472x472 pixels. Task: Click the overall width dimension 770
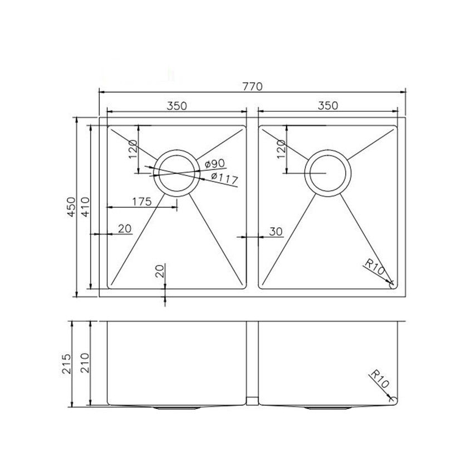tap(253, 86)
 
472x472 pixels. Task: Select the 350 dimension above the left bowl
tap(175, 105)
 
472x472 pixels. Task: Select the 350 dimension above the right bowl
tap(327, 105)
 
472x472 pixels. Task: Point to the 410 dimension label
tap(85, 207)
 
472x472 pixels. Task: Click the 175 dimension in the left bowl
tap(142, 202)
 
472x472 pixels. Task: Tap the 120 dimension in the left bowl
tap(132, 149)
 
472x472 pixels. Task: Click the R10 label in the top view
tap(376, 268)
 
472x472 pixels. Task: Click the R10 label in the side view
tap(379, 382)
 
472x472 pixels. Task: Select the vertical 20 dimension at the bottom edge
tap(160, 272)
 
